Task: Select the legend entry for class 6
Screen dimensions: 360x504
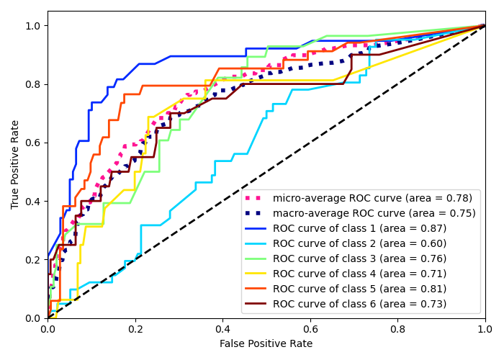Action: [359, 304]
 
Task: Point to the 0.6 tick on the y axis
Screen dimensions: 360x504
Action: [34, 143]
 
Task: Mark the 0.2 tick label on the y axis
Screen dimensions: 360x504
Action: [34, 260]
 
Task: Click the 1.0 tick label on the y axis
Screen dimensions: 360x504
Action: [34, 26]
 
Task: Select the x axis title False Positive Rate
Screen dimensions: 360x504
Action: [266, 344]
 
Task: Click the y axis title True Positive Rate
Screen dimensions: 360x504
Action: [16, 164]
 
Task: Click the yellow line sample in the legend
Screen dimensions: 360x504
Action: [256, 274]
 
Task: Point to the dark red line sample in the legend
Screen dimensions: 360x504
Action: [256, 304]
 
